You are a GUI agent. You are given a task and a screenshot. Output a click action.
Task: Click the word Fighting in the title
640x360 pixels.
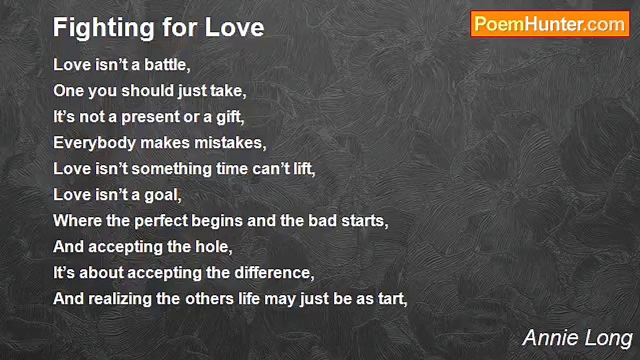[103, 28]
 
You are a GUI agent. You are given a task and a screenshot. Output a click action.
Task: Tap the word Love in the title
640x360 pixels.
[235, 27]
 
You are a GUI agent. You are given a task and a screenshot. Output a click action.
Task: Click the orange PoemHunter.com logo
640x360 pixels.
[550, 24]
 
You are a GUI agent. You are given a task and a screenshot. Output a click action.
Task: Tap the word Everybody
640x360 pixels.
[94, 143]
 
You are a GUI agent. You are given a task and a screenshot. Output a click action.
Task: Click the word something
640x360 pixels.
[171, 169]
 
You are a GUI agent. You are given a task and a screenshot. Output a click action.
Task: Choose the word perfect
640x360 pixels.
[160, 221]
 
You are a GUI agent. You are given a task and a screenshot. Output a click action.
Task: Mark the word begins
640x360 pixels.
[217, 221]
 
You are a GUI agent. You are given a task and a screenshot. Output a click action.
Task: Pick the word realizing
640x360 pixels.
[119, 299]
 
